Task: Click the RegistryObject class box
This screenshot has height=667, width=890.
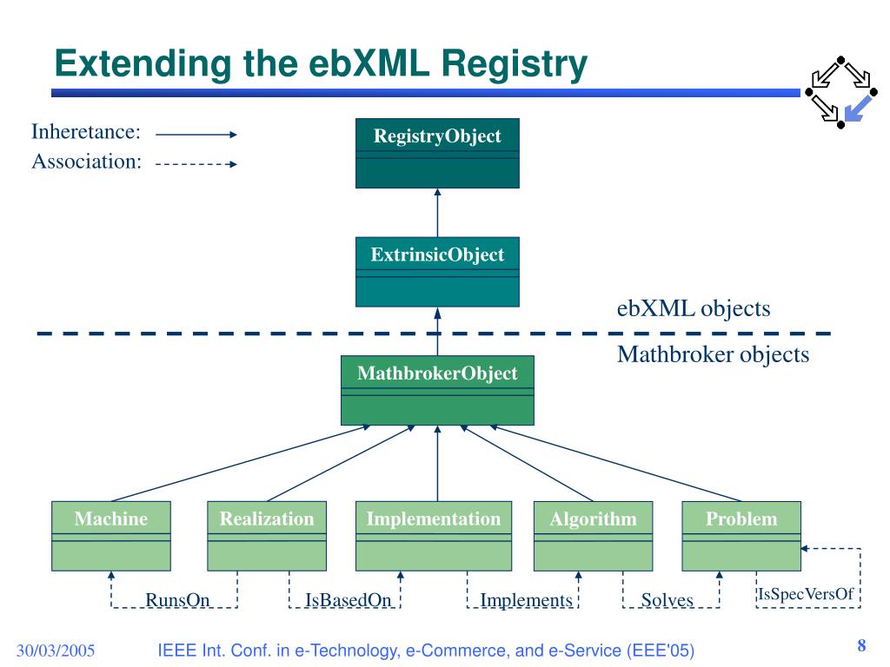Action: pyautogui.click(x=437, y=153)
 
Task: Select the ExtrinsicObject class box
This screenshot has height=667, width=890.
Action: pyautogui.click(x=437, y=272)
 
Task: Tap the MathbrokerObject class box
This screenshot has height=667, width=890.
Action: pyautogui.click(x=437, y=390)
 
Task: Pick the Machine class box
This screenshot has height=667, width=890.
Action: pyautogui.click(x=111, y=536)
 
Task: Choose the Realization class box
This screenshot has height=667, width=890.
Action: pyautogui.click(x=267, y=536)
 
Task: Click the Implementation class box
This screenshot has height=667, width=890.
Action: pyautogui.click(x=434, y=536)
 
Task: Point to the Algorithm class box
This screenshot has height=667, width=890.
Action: pyautogui.click(x=593, y=536)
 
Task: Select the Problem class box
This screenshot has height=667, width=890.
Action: pyautogui.click(x=741, y=536)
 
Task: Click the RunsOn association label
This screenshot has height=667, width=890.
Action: pyautogui.click(x=177, y=599)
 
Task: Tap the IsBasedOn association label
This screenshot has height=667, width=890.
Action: pyautogui.click(x=348, y=599)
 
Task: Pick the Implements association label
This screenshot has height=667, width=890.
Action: pyautogui.click(x=526, y=600)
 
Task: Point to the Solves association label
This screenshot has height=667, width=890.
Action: pyautogui.click(x=667, y=599)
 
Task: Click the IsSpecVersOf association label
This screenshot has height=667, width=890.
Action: pyautogui.click(x=806, y=594)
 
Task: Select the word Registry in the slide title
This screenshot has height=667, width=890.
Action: pyautogui.click(x=514, y=63)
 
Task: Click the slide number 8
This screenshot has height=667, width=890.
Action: pyautogui.click(x=861, y=645)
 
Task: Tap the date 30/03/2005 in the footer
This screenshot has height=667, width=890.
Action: pyautogui.click(x=56, y=650)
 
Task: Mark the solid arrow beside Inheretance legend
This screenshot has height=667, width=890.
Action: pyautogui.click(x=196, y=135)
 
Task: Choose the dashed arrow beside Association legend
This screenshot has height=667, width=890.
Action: pyautogui.click(x=196, y=164)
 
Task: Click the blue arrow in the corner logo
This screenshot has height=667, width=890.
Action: pyautogui.click(x=858, y=109)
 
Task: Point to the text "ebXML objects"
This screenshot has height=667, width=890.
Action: pyautogui.click(x=694, y=308)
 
